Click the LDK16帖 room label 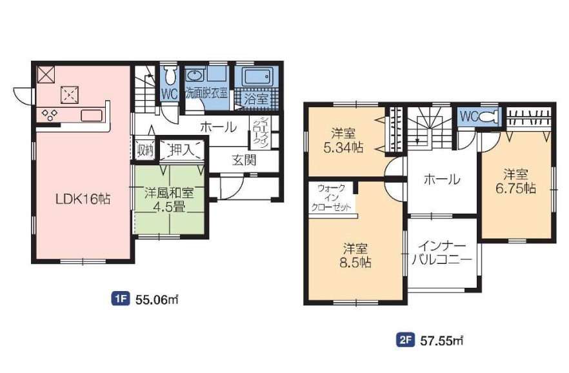pyautogui.click(x=83, y=199)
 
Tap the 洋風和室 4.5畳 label pyautogui.click(x=170, y=199)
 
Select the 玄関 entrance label pyautogui.click(x=244, y=159)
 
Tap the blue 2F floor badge pyautogui.click(x=405, y=340)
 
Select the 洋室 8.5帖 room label pyautogui.click(x=355, y=256)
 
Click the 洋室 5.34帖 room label pyautogui.click(x=343, y=141)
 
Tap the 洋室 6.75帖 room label pyautogui.click(x=515, y=181)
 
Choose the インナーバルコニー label pyautogui.click(x=441, y=252)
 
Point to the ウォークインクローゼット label pyautogui.click(x=332, y=197)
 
